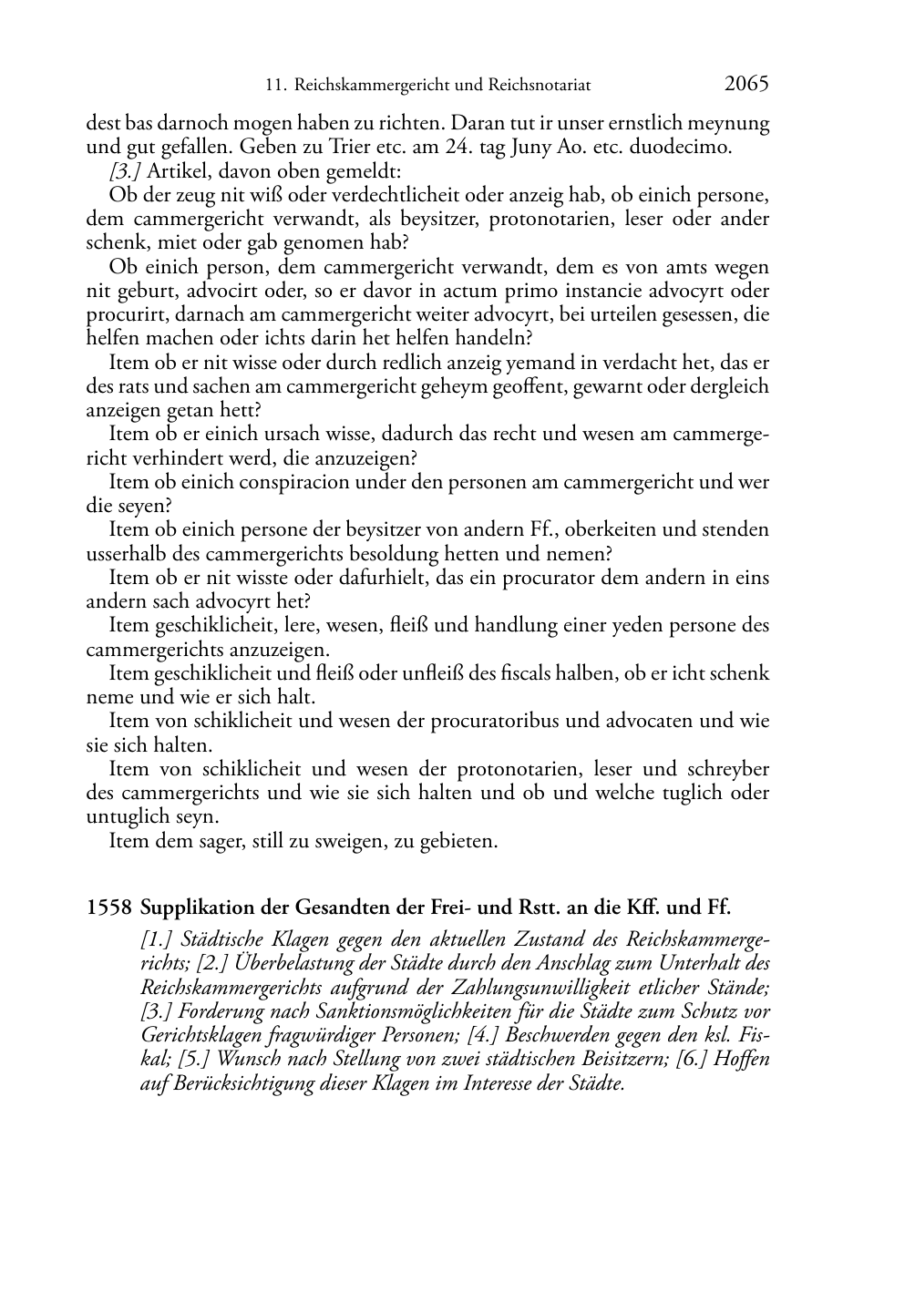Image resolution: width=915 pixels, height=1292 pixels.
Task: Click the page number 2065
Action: point(746,84)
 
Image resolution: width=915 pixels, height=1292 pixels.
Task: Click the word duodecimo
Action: point(684,147)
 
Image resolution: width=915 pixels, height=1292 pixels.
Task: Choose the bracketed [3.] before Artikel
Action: point(125,170)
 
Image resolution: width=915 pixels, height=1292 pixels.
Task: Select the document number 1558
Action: point(109,907)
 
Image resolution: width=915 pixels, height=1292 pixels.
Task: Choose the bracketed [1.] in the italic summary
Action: point(159,940)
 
